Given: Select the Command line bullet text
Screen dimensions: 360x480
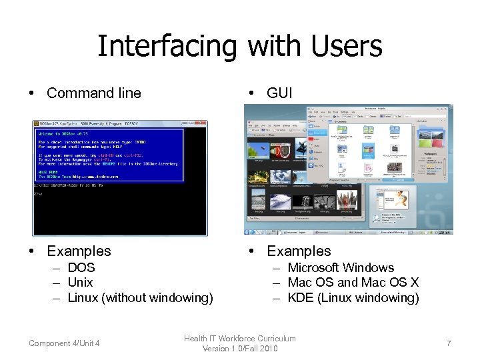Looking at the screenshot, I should coord(93,93).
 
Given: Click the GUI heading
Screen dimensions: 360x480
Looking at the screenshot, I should coord(279,93).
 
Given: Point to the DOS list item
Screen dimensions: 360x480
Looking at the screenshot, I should coord(81,268).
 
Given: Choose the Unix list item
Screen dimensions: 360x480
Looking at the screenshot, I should coord(81,283).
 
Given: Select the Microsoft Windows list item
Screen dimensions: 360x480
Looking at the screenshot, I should coord(341,268).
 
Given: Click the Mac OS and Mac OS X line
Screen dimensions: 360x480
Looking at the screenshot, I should coord(353,283).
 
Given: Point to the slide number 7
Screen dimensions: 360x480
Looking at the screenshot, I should coord(449,343).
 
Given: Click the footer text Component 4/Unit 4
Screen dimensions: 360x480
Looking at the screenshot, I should coord(64,343).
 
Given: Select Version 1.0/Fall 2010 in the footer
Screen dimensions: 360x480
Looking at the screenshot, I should coord(239,349).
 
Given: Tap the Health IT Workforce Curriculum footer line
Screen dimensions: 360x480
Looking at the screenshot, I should coord(239,339).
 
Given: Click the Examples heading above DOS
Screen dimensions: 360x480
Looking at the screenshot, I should coord(79,251).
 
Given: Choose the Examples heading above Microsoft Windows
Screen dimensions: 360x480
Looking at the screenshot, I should coord(299,251).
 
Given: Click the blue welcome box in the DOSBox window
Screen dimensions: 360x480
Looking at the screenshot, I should coord(108,155).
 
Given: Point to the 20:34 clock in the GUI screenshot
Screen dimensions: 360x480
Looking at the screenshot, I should coord(445,232).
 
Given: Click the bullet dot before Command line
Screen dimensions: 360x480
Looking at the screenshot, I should coord(32,93).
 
